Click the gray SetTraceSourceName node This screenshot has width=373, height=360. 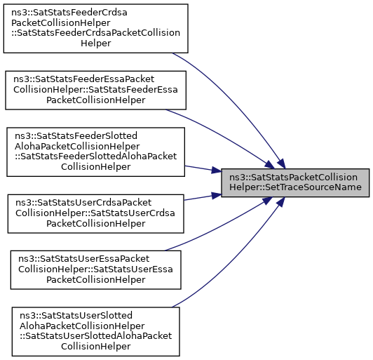coord(295,182)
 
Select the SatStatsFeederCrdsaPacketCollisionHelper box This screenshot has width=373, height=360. coord(95,28)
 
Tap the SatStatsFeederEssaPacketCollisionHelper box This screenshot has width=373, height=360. coord(95,91)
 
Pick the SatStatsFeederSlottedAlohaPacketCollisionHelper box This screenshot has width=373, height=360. coord(95,152)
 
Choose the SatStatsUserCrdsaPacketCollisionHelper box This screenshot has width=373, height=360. coord(95,213)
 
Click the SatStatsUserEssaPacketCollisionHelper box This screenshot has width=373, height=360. coord(95,269)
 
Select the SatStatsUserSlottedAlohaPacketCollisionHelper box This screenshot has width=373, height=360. coord(95,331)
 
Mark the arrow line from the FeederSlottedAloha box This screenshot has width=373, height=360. coord(203,169)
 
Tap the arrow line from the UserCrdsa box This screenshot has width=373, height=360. coord(203,197)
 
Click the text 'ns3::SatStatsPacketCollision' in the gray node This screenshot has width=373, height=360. coord(293,178)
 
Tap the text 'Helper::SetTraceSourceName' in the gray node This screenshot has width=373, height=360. coord(295,187)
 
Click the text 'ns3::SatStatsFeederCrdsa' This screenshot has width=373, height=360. coord(69,13)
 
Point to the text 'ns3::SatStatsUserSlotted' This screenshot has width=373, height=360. coord(76,316)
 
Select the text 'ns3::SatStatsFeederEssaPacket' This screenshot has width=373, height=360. coord(83,79)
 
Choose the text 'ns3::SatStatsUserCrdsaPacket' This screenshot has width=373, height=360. coord(83,203)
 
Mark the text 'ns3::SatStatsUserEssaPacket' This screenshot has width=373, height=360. coord(84,259)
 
